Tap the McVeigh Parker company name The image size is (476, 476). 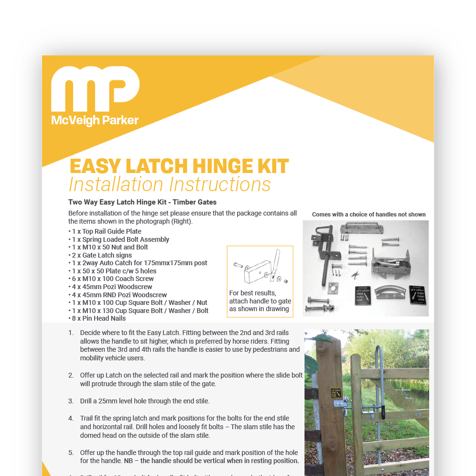[x=95, y=120]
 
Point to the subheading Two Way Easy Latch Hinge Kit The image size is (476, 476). [x=142, y=202]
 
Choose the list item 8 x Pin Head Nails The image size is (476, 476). [x=97, y=318]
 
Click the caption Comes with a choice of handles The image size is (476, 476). [x=368, y=215]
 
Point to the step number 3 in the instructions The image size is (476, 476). [x=71, y=401]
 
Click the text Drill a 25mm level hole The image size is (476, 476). [x=138, y=401]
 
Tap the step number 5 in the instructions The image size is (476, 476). [x=71, y=453]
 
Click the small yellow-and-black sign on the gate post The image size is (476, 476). [x=336, y=393]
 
